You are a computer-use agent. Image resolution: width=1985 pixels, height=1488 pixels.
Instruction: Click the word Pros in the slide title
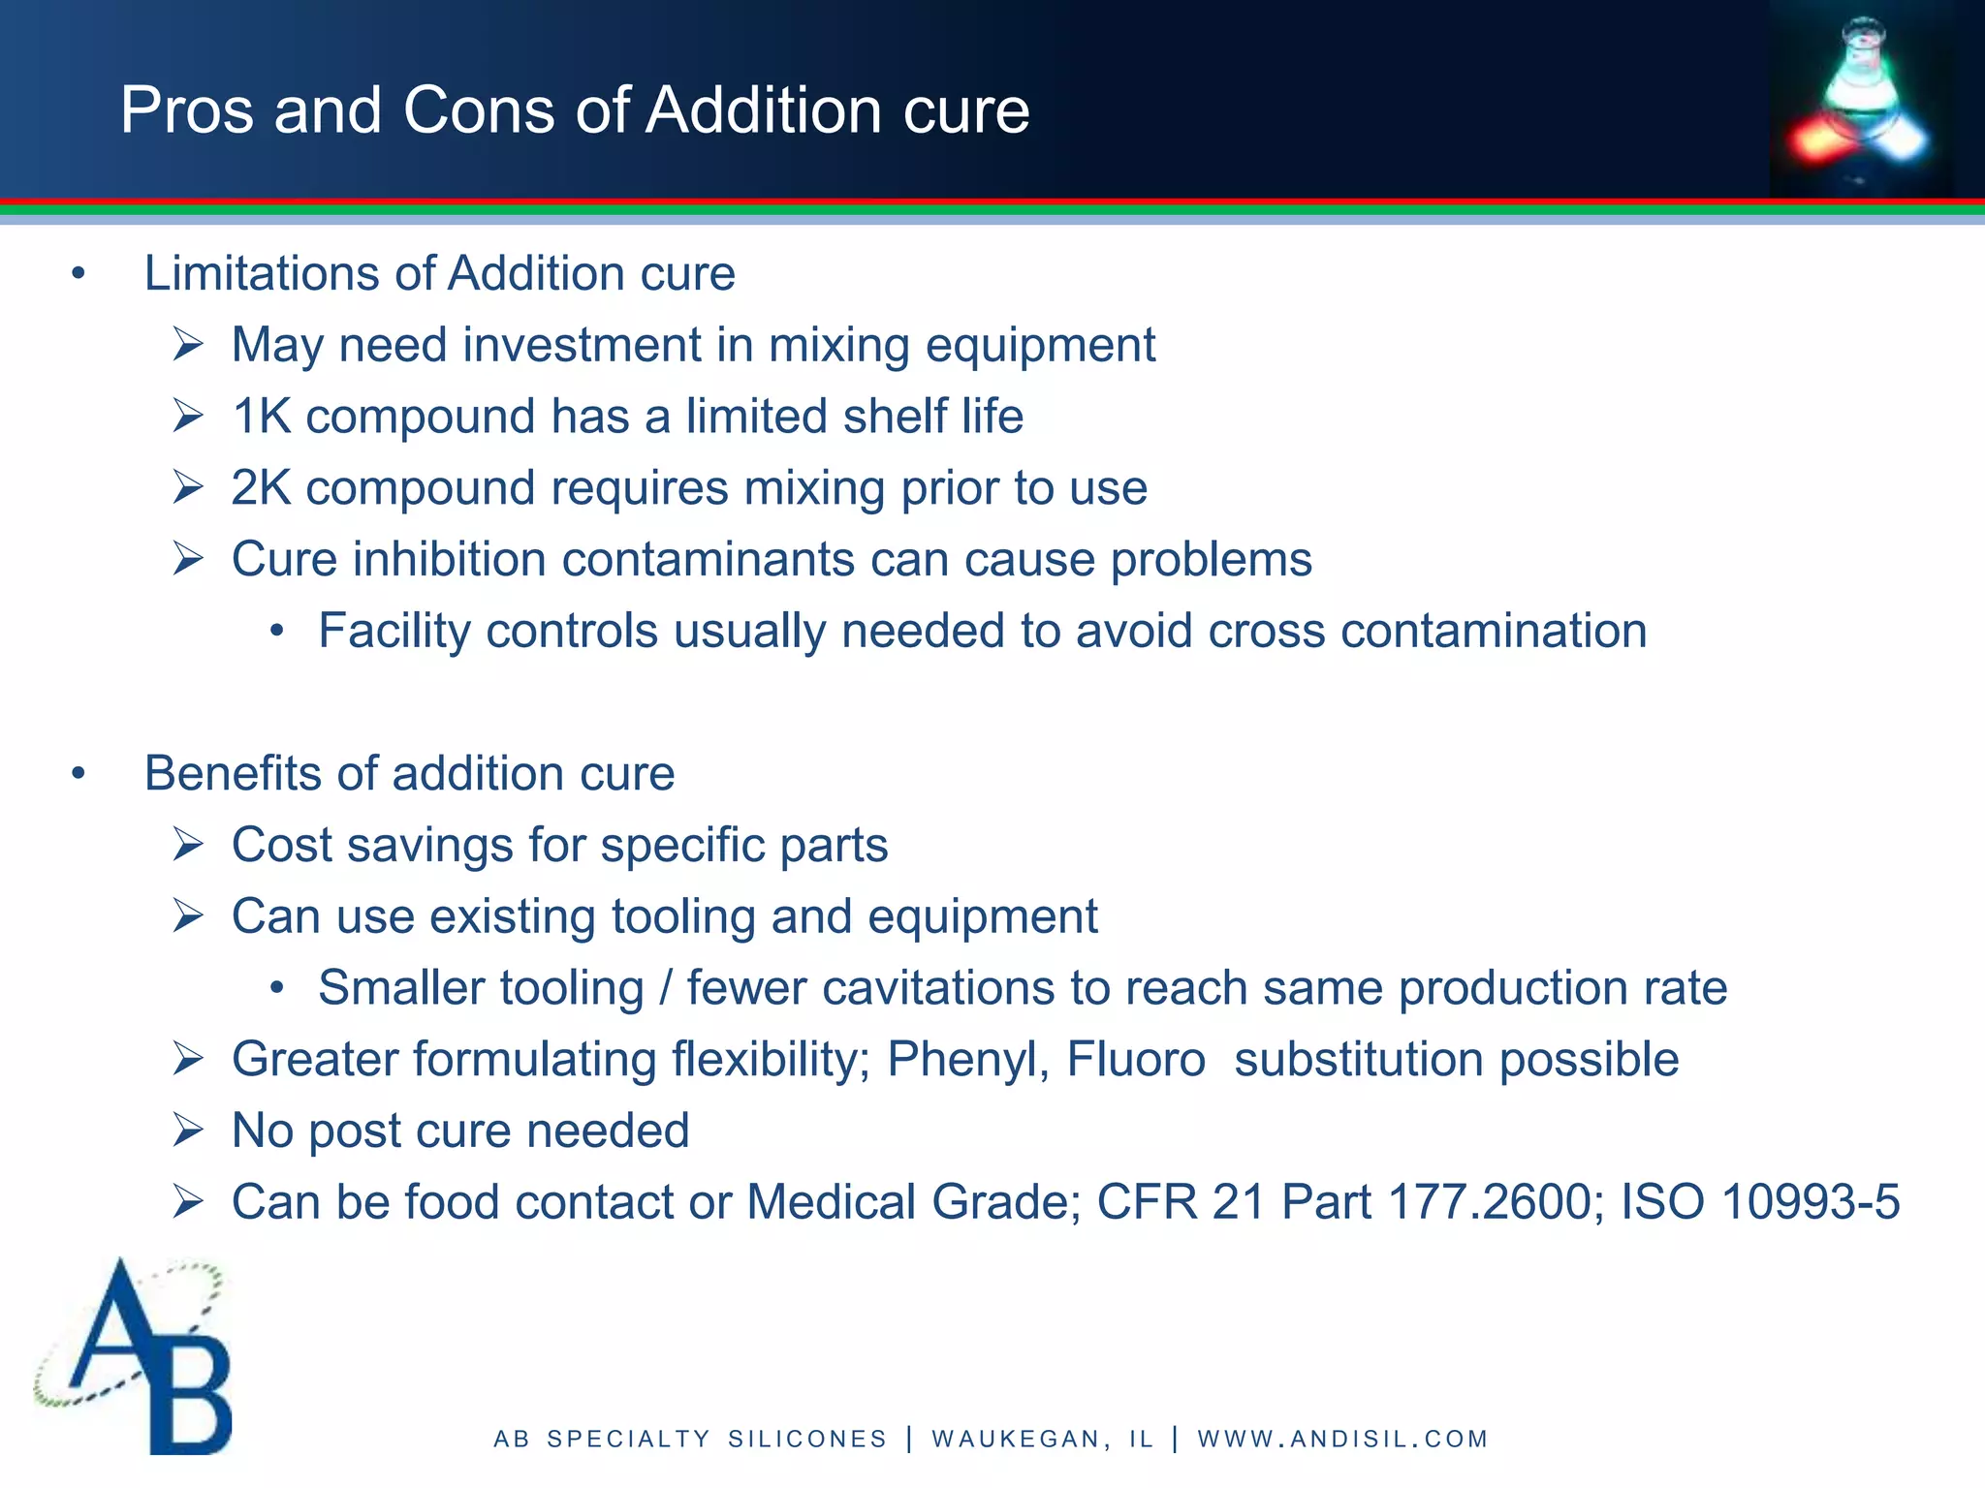pyautogui.click(x=187, y=109)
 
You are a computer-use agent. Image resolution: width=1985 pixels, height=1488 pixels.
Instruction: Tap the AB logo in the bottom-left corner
pyautogui.click(x=136, y=1355)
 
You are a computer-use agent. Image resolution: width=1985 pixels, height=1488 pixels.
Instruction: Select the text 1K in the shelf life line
pyautogui.click(x=262, y=417)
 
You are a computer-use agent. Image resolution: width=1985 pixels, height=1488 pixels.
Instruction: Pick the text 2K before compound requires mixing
pyautogui.click(x=262, y=488)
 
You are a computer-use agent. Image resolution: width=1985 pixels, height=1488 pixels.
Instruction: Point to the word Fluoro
pyautogui.click(x=1136, y=1059)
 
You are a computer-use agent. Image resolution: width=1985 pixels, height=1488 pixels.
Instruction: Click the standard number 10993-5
pyautogui.click(x=1810, y=1202)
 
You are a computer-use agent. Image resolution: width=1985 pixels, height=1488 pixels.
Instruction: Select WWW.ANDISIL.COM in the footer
pyautogui.click(x=1342, y=1440)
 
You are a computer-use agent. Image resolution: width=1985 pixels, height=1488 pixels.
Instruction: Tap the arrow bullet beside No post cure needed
pyautogui.click(x=187, y=1131)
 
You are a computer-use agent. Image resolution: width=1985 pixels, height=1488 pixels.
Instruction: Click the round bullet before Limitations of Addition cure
pyautogui.click(x=79, y=274)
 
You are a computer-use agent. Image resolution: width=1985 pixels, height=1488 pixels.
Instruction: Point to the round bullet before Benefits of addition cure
pyautogui.click(x=79, y=774)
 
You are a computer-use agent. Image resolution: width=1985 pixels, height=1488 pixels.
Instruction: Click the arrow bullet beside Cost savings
pyautogui.click(x=187, y=845)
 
